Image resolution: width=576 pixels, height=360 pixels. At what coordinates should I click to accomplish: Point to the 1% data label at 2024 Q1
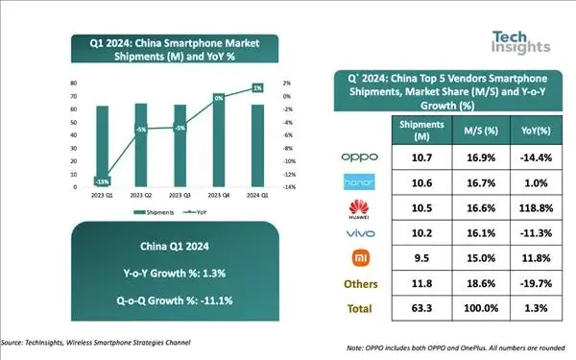coord(257,88)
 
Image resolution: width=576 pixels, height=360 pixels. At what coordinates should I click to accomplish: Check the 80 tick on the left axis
coord(73,84)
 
